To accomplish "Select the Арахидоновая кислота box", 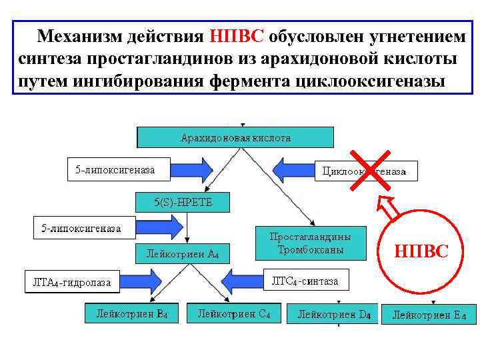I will [236, 137].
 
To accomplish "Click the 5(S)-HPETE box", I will [183, 202].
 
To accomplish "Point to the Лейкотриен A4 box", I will [187, 253].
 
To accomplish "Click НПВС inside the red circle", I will [421, 251].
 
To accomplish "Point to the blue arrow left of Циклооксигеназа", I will [293, 169].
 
